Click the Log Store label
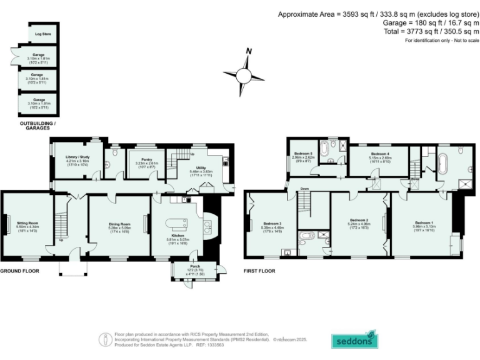43,34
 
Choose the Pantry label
144,160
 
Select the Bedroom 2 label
359,220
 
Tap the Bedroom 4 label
380,154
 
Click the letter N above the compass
248,51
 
